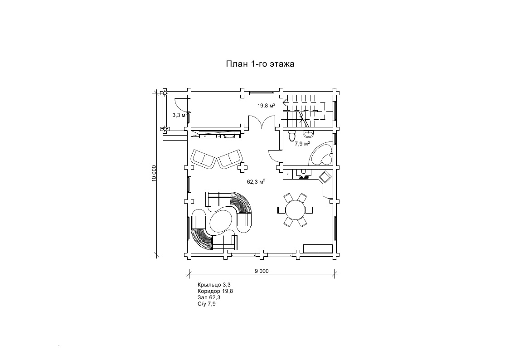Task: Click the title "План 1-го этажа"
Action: (x=260, y=64)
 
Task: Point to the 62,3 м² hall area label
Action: (x=256, y=182)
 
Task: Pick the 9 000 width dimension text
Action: (x=262, y=271)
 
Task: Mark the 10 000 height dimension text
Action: (x=155, y=174)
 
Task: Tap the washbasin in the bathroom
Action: (x=309, y=134)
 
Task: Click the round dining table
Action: (x=295, y=209)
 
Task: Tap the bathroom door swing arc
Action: (x=273, y=156)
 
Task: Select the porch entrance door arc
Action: (x=179, y=104)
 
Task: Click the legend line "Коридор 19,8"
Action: (x=215, y=291)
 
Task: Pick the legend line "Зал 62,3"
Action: (x=208, y=297)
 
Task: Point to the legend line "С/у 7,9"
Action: (x=207, y=304)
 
